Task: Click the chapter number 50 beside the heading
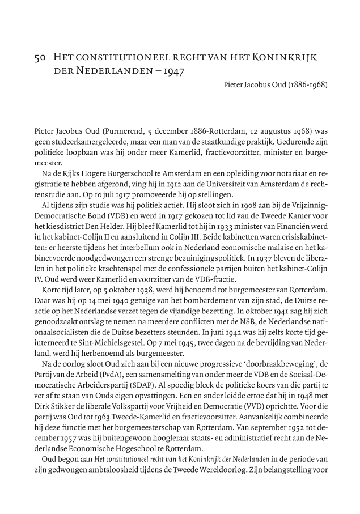(40, 58)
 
